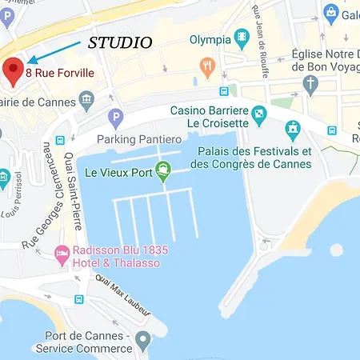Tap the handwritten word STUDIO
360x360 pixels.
tap(120, 42)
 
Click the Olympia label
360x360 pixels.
tap(210, 39)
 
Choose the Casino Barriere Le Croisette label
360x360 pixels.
tap(209, 118)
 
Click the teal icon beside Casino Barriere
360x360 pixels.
tap(258, 117)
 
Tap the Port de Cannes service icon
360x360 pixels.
tap(143, 342)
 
